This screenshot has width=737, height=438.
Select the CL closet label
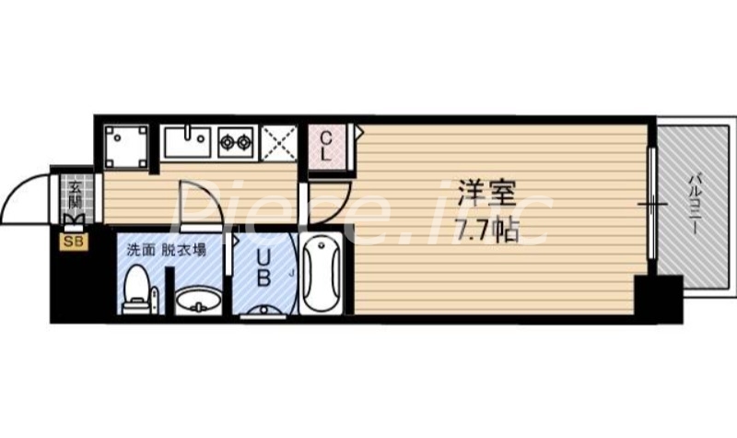[x=326, y=147]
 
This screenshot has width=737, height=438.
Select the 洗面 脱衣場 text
[x=166, y=249]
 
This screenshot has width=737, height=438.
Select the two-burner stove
[x=236, y=144]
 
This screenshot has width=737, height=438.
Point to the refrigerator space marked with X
[x=278, y=144]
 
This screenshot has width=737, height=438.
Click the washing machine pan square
[x=124, y=146]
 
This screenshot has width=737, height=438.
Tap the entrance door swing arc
[x=28, y=196]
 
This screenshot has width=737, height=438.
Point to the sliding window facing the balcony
[x=652, y=202]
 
